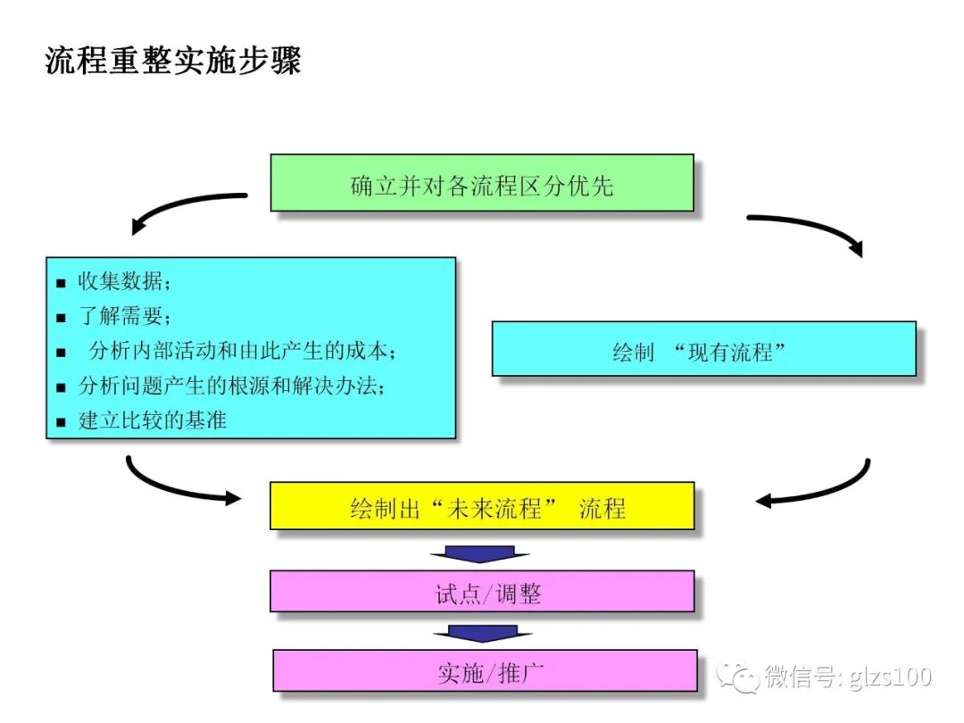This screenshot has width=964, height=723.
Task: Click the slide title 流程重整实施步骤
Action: pyautogui.click(x=173, y=62)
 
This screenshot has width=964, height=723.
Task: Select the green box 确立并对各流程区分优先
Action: pyautogui.click(x=482, y=185)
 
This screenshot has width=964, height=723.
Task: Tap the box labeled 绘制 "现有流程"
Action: pyautogui.click(x=703, y=350)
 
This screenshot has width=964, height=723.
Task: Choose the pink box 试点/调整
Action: pyautogui.click(x=482, y=593)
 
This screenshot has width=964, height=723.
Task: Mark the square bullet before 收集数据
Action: pyautogui.click(x=61, y=284)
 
